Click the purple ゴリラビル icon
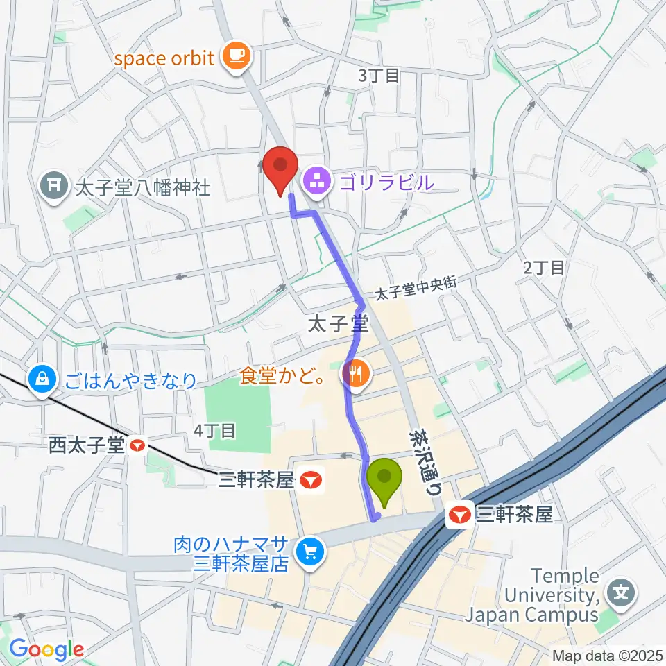click(318, 183)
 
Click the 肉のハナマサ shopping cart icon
click(309, 552)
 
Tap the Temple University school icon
click(620, 593)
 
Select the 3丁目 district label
click(379, 76)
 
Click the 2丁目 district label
click(544, 267)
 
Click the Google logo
click(46, 649)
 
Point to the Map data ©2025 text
click(607, 655)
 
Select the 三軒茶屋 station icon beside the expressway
click(458, 515)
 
